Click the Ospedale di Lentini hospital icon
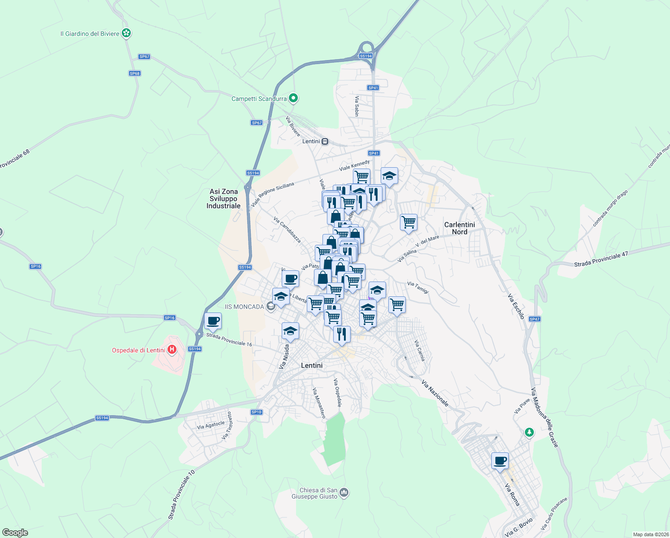coord(172,350)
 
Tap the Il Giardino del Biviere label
coord(90,34)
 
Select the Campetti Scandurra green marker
coord(293,98)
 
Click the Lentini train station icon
coord(325,141)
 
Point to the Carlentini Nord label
coord(460,228)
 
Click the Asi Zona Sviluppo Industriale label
coord(223,199)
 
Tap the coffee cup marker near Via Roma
coord(500,461)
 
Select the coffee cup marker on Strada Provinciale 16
coord(213,321)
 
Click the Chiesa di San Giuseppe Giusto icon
coord(344,493)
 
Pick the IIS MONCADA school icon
coord(271,307)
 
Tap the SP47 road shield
coord(534,319)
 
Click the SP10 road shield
coord(257,412)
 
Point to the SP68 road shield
coord(135,74)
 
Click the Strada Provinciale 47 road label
coord(601,260)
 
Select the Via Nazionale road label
coord(435,394)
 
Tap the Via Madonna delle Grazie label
coord(545,417)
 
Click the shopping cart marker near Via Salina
coord(408,222)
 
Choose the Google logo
coord(15,533)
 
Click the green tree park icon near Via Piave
coord(529,433)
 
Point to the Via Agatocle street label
coord(211,425)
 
